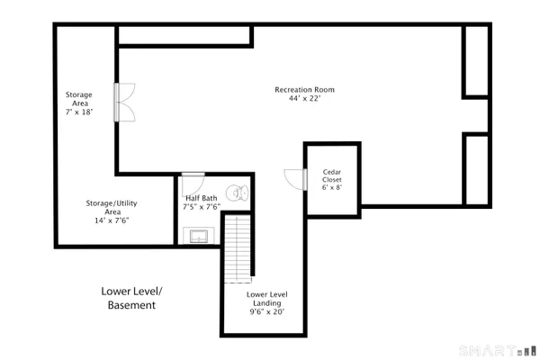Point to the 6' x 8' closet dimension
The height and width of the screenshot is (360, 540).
[332, 187]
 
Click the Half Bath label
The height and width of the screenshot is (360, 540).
[201, 198]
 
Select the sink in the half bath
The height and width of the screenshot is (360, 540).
[197, 236]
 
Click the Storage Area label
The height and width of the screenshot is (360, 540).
[78, 99]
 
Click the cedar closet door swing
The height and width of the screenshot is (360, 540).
[292, 178]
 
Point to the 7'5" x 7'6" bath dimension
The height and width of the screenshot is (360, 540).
[202, 207]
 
